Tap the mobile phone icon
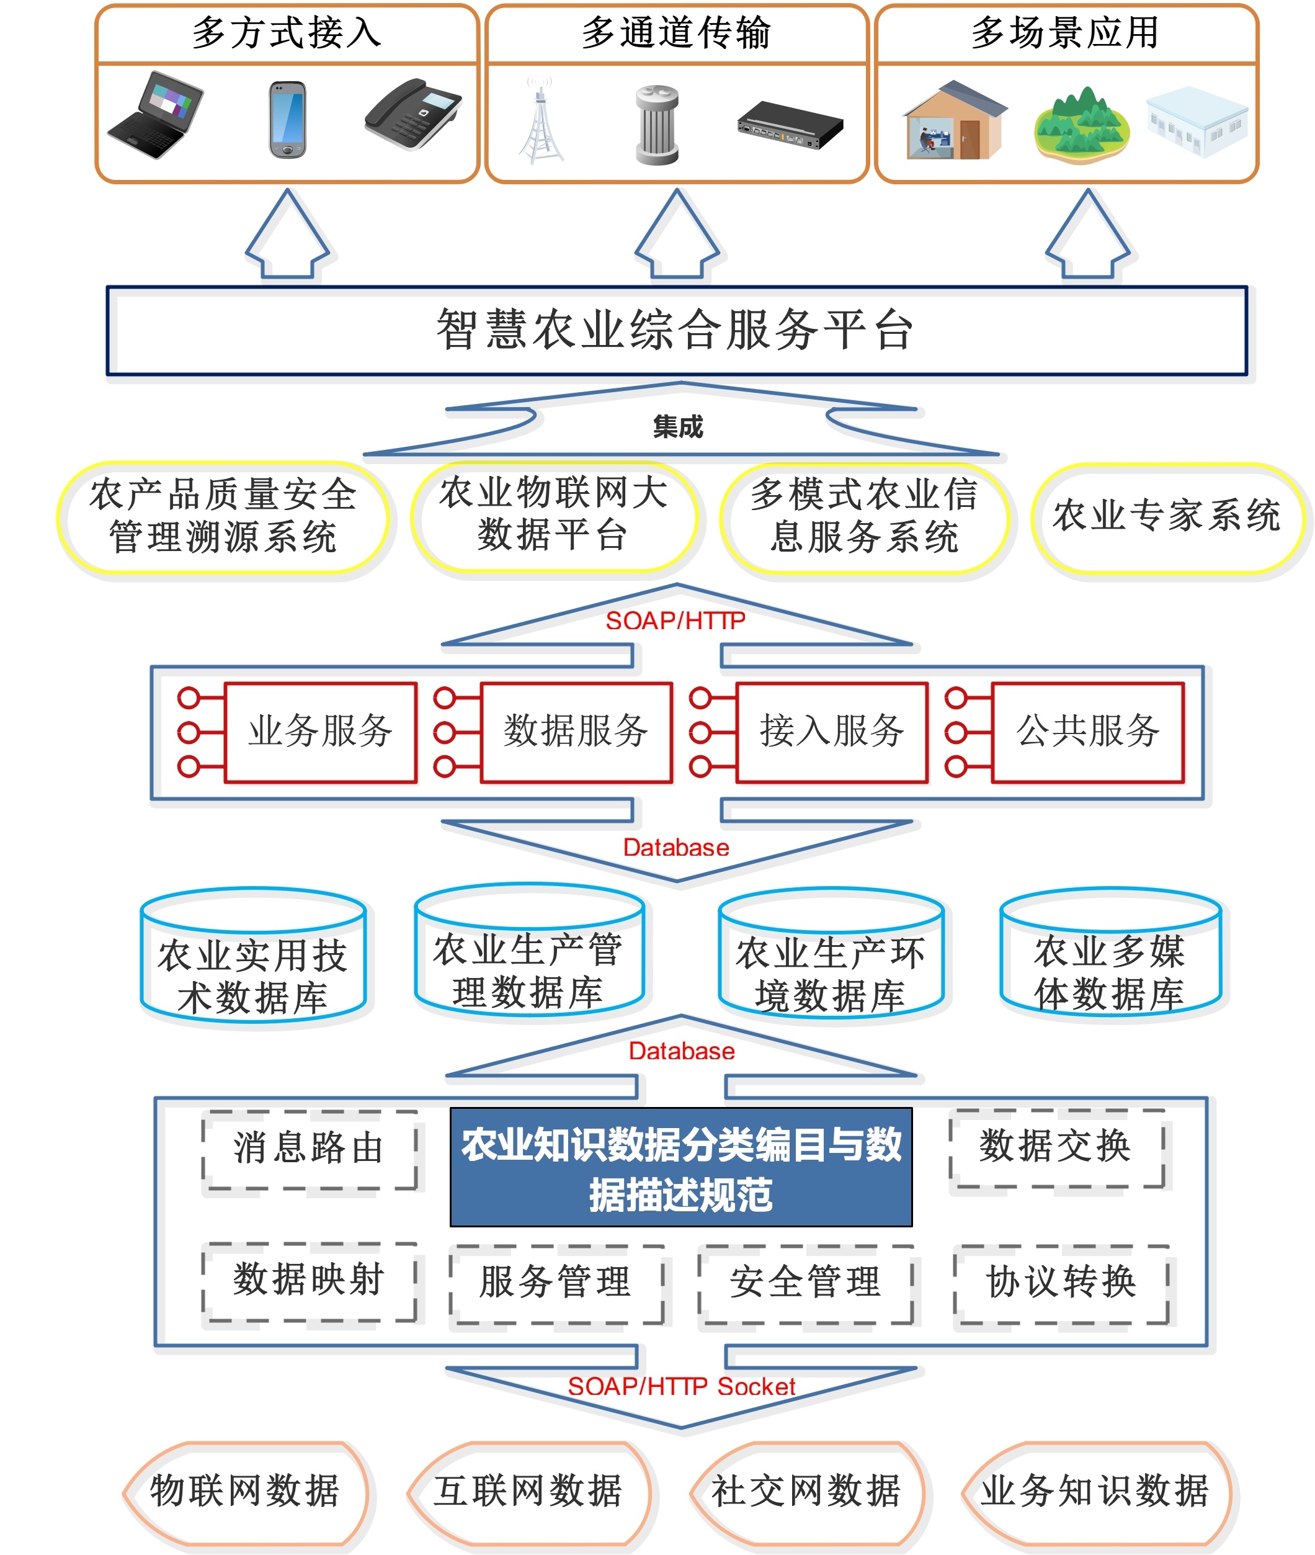pyautogui.click(x=288, y=119)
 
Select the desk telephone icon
pyautogui.click(x=412, y=114)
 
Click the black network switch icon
pyautogui.click(x=790, y=125)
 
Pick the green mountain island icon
pyautogui.click(x=1082, y=125)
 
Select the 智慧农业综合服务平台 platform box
pyautogui.click(x=677, y=330)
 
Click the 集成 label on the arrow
pyautogui.click(x=677, y=426)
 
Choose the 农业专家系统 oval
pyautogui.click(x=1167, y=517)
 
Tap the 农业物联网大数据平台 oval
pyautogui.click(x=554, y=516)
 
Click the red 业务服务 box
pyautogui.click(x=321, y=732)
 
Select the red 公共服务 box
pyautogui.click(x=1087, y=732)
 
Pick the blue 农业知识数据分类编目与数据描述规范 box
pyautogui.click(x=681, y=1168)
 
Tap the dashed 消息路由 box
pyautogui.click(x=310, y=1149)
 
